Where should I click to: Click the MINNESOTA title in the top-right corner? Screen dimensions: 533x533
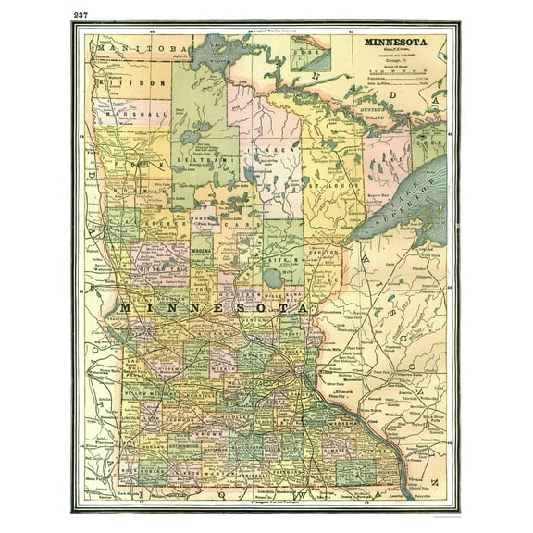click(x=396, y=43)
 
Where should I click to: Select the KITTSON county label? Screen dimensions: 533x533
click(x=132, y=81)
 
